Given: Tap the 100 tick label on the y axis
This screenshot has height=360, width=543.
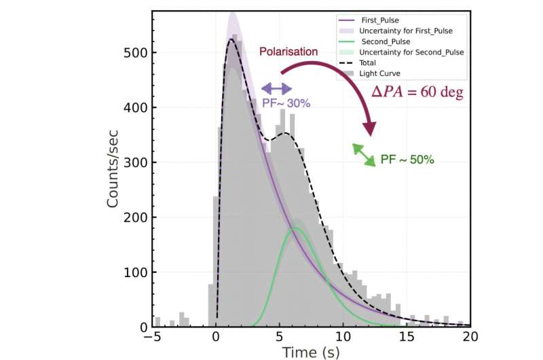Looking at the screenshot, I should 134,273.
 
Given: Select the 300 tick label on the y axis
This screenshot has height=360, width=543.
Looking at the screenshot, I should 134,163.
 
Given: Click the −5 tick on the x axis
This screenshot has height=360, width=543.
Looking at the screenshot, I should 153,337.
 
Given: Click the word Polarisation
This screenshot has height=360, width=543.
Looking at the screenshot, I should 288,52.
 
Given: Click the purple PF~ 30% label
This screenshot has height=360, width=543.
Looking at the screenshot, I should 286,103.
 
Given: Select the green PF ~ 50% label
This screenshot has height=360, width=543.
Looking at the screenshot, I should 407,160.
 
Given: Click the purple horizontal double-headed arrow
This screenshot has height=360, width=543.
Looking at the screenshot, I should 276,88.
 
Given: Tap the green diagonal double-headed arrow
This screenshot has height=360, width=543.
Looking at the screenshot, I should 364,155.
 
